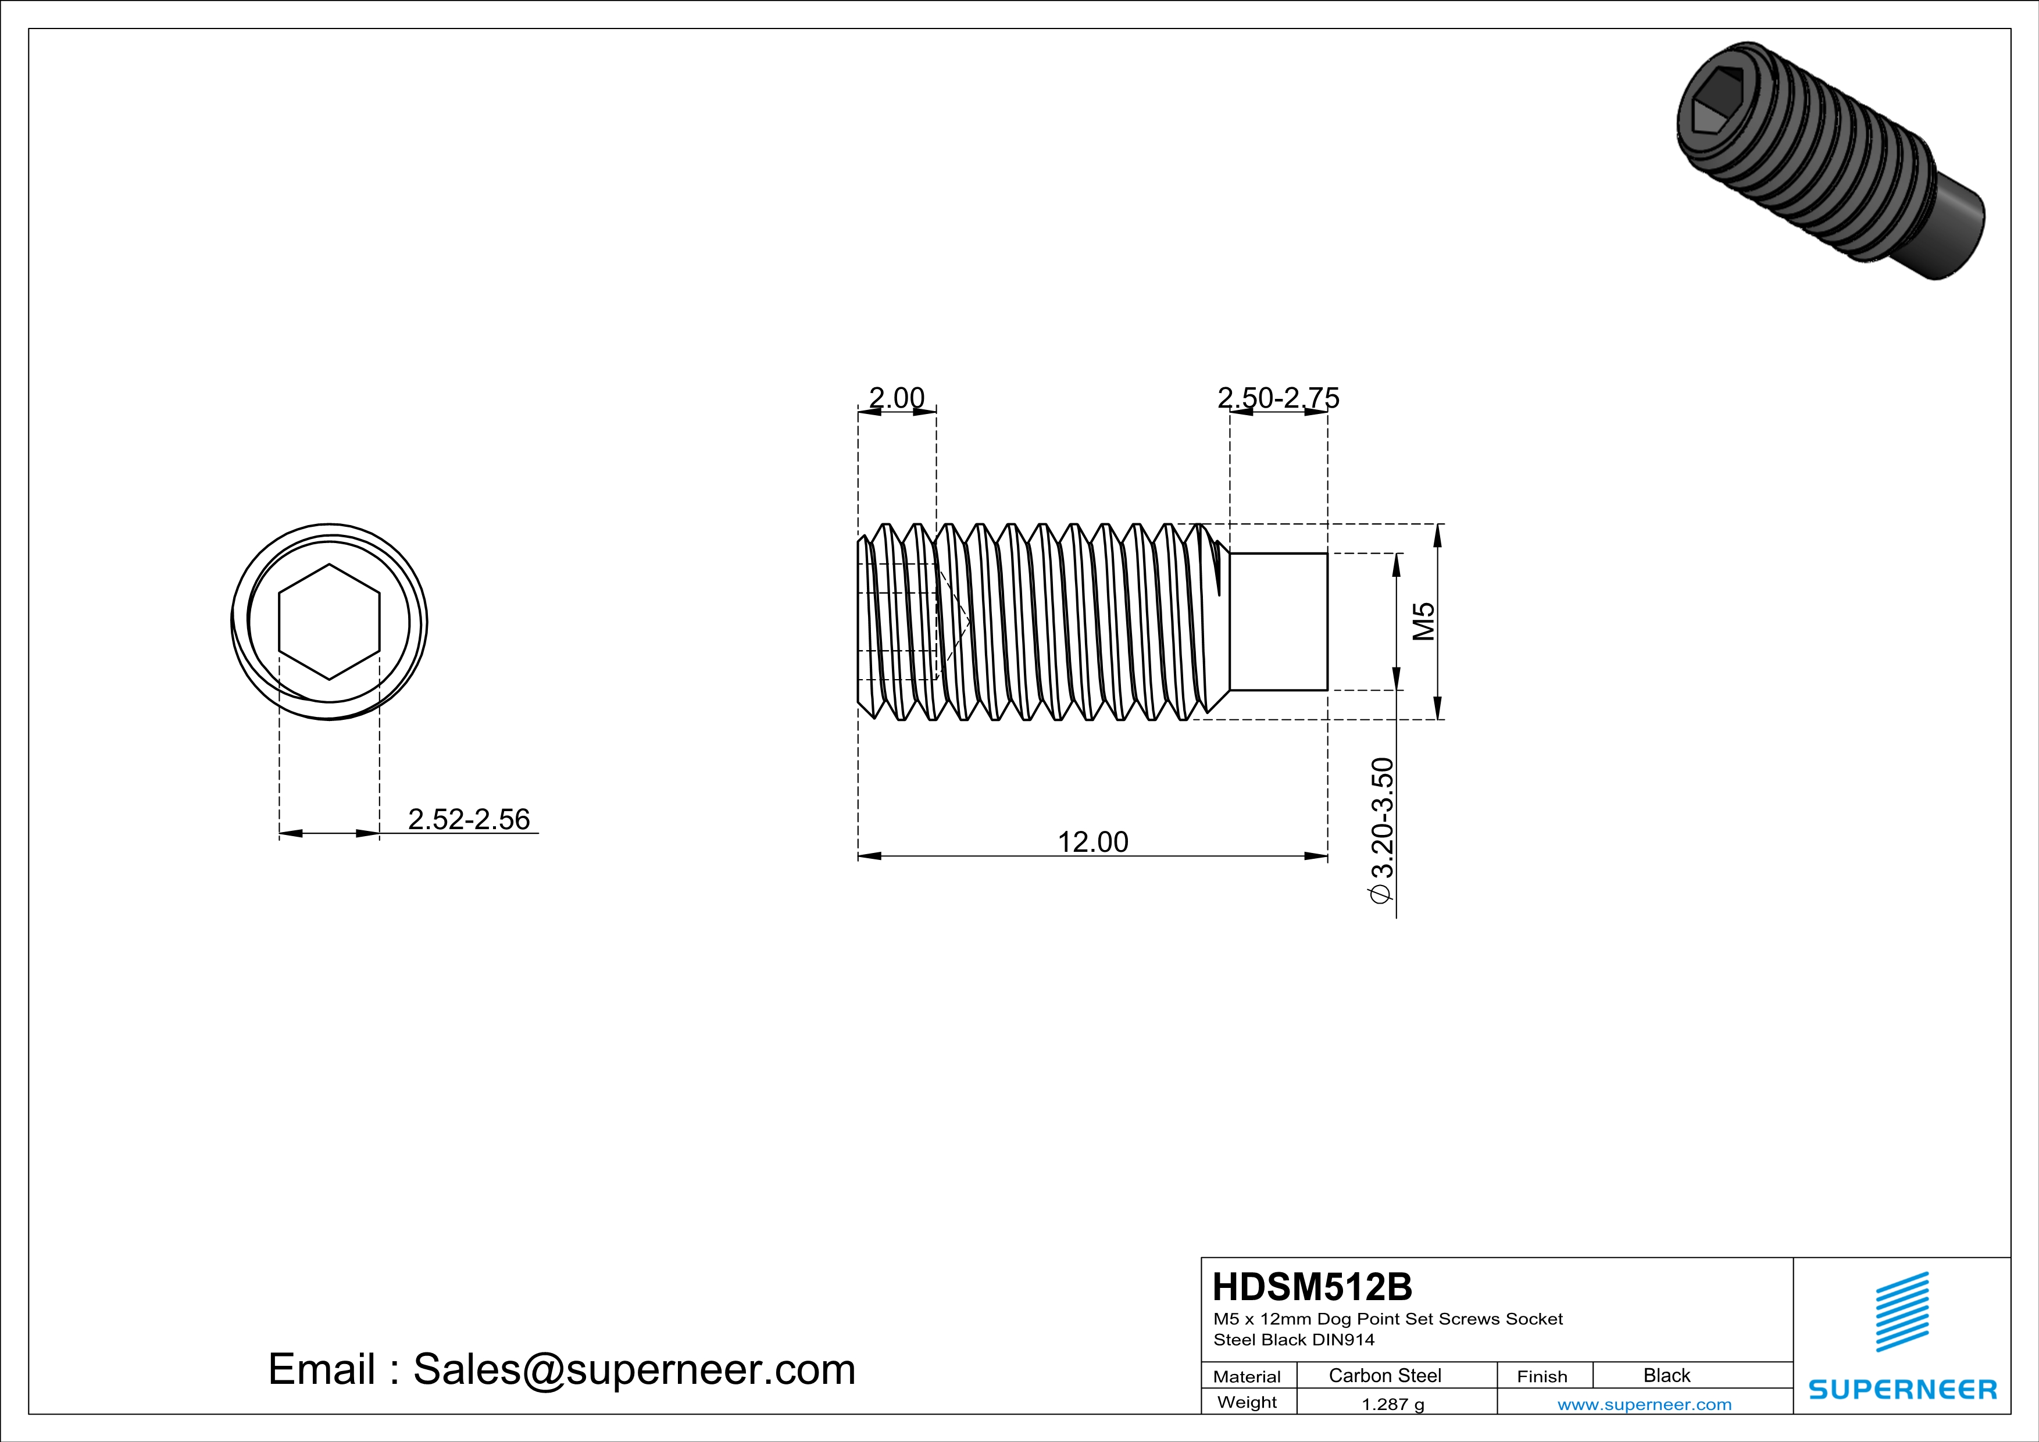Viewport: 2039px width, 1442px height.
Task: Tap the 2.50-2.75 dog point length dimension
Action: (x=1278, y=397)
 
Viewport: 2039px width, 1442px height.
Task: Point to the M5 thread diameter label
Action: (x=1423, y=622)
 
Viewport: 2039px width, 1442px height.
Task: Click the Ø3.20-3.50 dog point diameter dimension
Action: (x=1383, y=830)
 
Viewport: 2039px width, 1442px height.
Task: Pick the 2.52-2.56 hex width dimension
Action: (x=468, y=819)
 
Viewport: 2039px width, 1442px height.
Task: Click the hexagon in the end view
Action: (x=330, y=622)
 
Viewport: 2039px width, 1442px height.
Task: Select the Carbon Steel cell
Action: (x=1384, y=1375)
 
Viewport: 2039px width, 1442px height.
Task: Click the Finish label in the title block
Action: (x=1542, y=1376)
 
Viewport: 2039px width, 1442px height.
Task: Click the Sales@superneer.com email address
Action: (x=634, y=1369)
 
